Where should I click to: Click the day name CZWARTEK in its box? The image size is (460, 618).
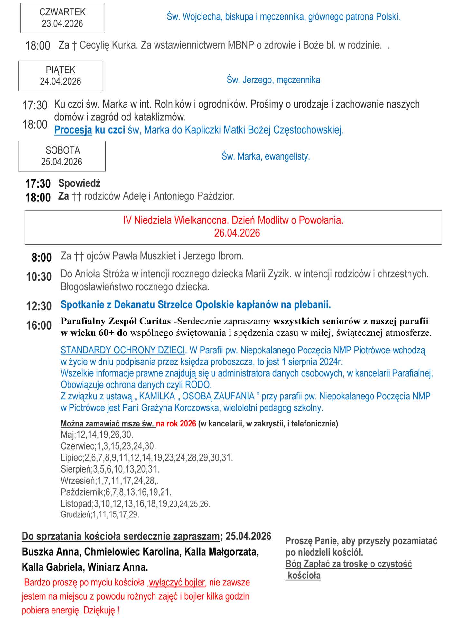click(62, 12)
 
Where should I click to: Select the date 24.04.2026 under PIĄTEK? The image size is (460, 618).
click(61, 81)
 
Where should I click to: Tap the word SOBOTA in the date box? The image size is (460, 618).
click(63, 150)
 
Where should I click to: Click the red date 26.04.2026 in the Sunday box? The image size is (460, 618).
click(237, 233)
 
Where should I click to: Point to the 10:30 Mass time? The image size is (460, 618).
click(39, 277)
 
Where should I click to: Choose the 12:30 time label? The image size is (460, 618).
click(39, 306)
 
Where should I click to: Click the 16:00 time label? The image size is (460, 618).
click(39, 325)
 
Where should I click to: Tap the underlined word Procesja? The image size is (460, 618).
click(73, 130)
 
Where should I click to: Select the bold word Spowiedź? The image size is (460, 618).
click(80, 183)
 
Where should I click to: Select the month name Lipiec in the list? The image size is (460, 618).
click(71, 458)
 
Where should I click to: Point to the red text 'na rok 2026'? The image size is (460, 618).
click(176, 424)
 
